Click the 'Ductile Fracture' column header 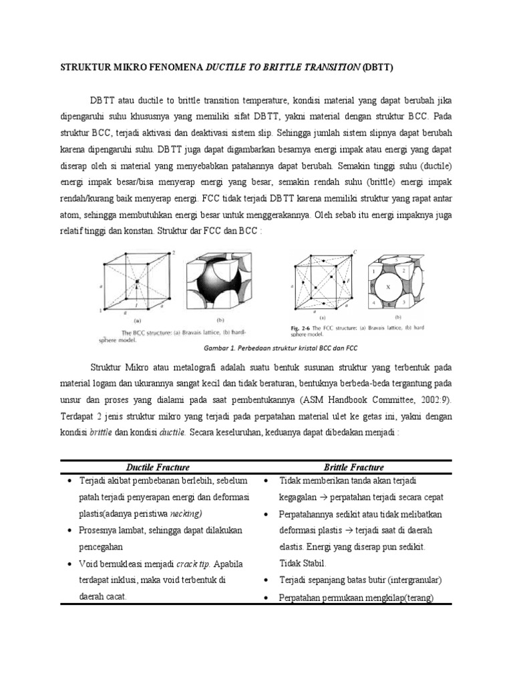pos(158,468)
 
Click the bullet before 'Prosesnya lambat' pos(70,530)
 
